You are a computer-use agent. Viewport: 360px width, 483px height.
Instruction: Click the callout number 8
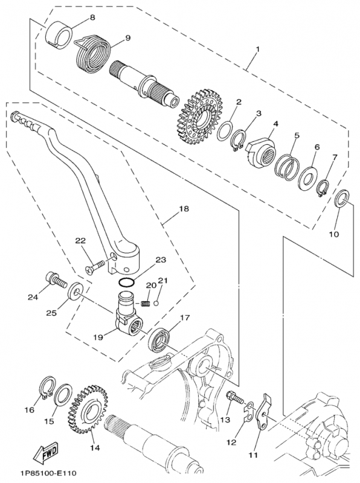click(x=92, y=18)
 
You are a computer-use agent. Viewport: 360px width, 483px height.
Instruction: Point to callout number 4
click(x=275, y=124)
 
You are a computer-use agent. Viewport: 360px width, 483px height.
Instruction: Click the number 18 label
click(x=183, y=209)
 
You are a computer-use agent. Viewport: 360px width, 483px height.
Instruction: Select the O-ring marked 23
click(x=125, y=283)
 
